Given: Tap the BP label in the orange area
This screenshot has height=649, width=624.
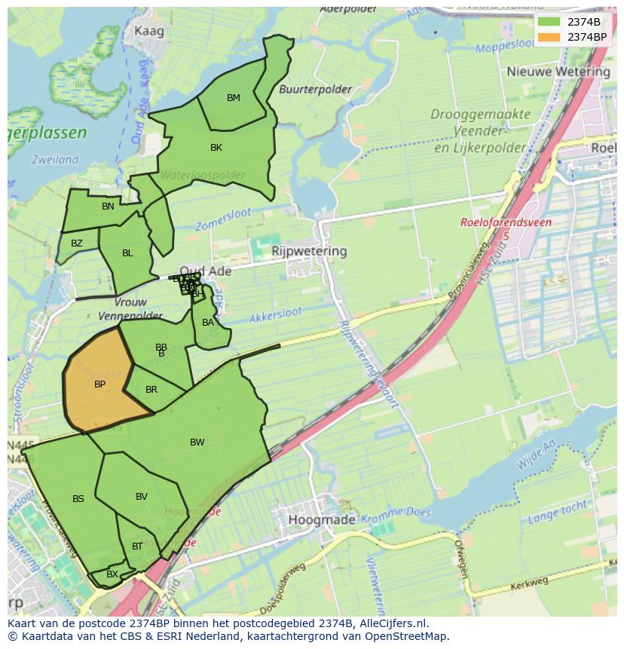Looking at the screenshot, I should point(99,384).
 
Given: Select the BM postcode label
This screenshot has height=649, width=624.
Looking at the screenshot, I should point(234,98).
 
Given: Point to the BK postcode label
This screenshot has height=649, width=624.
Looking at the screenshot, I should point(216,148).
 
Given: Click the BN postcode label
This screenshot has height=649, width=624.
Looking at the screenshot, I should point(109,207).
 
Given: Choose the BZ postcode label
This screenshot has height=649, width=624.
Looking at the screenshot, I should point(77,243).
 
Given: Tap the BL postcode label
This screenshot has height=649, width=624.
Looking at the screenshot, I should point(127,253).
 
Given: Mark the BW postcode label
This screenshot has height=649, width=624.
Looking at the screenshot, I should point(197,442).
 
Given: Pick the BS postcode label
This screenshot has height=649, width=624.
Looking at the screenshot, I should point(78,499).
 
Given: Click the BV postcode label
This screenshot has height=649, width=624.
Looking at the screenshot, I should point(142,497).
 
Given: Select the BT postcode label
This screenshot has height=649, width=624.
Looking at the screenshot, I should point(137,546).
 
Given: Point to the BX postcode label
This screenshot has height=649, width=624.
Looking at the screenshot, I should point(112,574).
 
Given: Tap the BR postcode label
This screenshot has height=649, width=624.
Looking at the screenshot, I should point(151,390).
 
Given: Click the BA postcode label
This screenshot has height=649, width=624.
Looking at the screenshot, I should point(208,323).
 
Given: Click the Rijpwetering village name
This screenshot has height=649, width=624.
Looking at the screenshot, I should point(309,251).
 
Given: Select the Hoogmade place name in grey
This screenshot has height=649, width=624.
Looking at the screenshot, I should point(320,520).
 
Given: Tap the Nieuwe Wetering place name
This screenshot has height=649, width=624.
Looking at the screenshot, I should point(558,72).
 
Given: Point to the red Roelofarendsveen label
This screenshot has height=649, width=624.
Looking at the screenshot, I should point(506,223).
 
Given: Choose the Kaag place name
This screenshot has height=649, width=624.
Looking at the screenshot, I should point(148,32).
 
